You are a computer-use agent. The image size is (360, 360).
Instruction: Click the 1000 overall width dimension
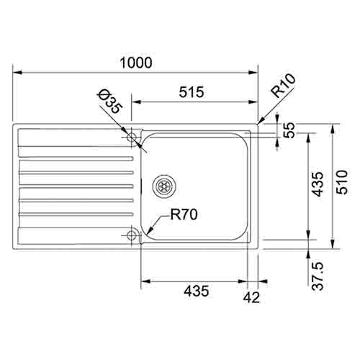[x=136, y=63]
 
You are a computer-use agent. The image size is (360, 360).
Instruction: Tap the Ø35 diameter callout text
[x=110, y=102]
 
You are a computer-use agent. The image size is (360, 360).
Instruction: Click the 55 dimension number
[x=290, y=131]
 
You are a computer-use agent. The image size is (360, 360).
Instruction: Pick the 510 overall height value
[x=342, y=184]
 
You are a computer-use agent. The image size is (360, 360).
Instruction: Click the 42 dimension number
[x=252, y=295]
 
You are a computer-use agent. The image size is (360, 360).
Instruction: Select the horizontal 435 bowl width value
[x=196, y=291]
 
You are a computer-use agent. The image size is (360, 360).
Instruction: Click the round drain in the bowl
[x=165, y=184]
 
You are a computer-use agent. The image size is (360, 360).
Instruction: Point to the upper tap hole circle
[x=132, y=137]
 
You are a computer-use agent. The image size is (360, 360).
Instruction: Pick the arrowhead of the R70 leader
[x=148, y=230]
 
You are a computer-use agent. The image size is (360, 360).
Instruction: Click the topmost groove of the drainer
[x=76, y=157]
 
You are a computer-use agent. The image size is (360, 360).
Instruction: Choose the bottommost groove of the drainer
[x=76, y=214]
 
